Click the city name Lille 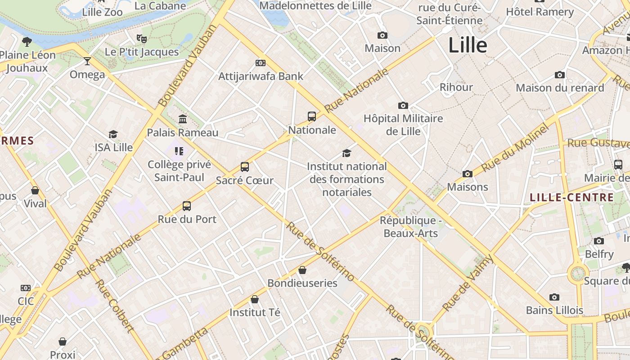click(468, 45)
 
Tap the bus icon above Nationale click(312, 117)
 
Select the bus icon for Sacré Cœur click(245, 167)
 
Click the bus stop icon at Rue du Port click(187, 206)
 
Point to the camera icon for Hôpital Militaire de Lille click(403, 106)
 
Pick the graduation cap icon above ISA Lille click(113, 135)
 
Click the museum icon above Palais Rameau click(183, 119)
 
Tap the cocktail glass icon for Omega click(87, 61)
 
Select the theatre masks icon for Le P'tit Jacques click(142, 39)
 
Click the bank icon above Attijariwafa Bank click(261, 63)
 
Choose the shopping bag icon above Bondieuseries click(302, 270)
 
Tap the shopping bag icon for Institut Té click(255, 299)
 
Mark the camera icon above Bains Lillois click(554, 297)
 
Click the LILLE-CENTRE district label click(571, 197)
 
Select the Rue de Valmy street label click(468, 283)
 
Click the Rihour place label click(456, 87)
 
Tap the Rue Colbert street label click(115, 306)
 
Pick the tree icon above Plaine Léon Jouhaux click(27, 42)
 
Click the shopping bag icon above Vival click(35, 190)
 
